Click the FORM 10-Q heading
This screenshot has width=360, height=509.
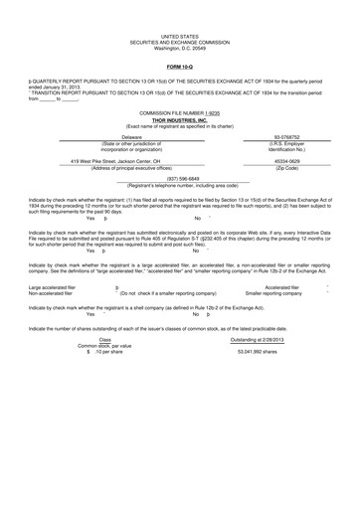(x=179, y=67)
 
